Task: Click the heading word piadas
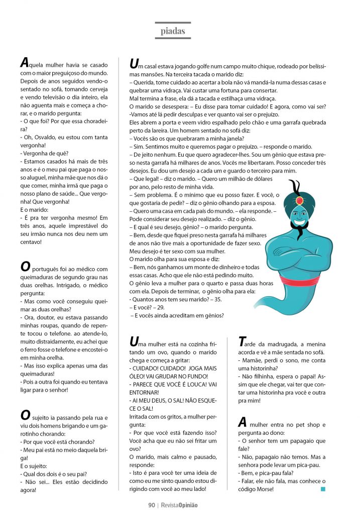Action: click(173, 31)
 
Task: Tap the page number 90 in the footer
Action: click(151, 505)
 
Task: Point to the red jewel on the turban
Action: click(300, 200)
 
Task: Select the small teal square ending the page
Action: click(323, 488)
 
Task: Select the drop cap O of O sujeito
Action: click(26, 414)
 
